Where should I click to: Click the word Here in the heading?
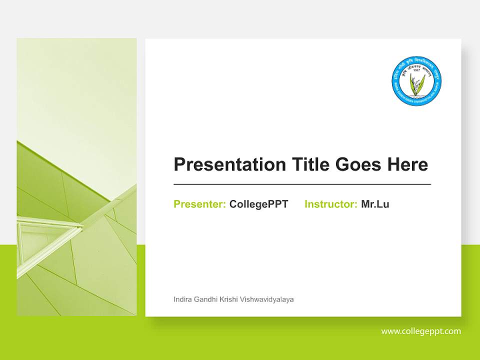[407, 164]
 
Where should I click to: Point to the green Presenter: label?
[199, 204]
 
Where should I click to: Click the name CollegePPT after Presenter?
[258, 204]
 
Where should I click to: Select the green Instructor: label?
[330, 204]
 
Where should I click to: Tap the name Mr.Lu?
[375, 204]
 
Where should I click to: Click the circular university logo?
[416, 80]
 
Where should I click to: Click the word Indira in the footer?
[182, 299]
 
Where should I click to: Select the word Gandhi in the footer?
[205, 299]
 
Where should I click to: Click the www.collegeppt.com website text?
[421, 331]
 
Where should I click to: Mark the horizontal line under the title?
[302, 184]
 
